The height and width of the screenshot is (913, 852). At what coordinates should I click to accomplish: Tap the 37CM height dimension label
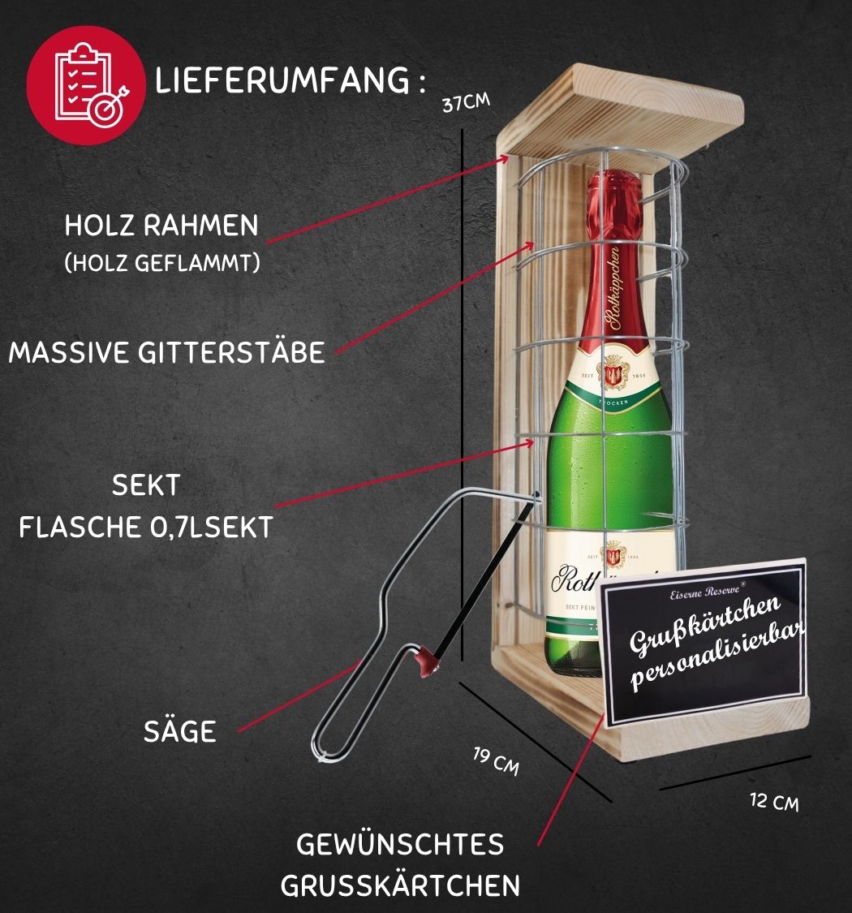coord(465,104)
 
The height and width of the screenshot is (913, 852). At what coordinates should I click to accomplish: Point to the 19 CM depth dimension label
coord(496,762)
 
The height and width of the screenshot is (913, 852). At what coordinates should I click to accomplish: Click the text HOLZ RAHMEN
coord(161,226)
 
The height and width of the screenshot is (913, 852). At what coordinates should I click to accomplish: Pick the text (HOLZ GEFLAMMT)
coord(161,264)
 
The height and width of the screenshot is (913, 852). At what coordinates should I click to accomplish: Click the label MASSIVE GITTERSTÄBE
coord(167,352)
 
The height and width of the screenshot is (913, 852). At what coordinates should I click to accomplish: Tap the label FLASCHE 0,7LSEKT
coord(146,528)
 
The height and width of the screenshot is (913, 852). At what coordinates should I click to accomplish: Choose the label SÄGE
coord(180,731)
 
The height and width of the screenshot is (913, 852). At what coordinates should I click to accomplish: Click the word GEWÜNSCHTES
coord(400,844)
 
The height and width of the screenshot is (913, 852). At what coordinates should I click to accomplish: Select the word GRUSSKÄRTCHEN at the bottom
coord(400,885)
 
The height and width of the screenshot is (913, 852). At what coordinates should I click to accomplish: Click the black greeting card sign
coord(701,641)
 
